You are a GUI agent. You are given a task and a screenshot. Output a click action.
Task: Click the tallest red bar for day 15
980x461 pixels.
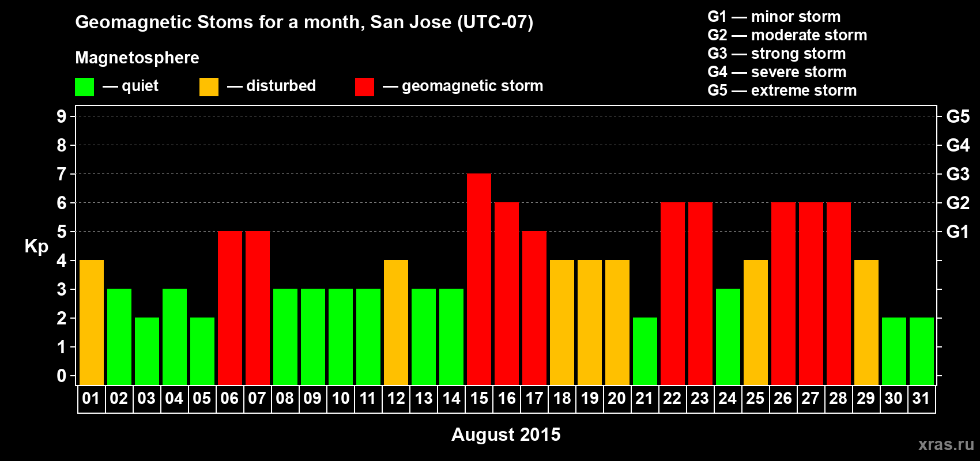(x=479, y=279)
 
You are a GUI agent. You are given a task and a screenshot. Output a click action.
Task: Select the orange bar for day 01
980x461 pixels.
(x=92, y=322)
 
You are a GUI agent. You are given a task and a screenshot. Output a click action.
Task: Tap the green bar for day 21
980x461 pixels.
(x=645, y=351)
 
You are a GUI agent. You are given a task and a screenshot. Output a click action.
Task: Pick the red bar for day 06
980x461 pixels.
(x=229, y=308)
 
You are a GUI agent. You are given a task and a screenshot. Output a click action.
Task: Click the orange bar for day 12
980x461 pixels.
(x=396, y=322)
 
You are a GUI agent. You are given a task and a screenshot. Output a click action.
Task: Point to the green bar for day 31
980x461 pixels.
(x=922, y=351)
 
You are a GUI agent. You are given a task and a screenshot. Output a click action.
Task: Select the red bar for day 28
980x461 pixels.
(x=839, y=293)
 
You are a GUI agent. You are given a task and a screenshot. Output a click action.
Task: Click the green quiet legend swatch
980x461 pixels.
(x=84, y=86)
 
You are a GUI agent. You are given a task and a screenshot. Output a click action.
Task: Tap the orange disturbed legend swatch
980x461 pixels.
(x=209, y=86)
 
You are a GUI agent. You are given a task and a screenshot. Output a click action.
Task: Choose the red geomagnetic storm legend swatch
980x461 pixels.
(x=364, y=86)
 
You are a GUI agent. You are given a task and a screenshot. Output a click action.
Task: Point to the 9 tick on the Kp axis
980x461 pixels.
(x=61, y=116)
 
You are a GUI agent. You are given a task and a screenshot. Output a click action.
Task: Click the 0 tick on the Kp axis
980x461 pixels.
(x=61, y=376)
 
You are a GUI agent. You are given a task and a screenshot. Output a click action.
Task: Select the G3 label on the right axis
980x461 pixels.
(x=958, y=174)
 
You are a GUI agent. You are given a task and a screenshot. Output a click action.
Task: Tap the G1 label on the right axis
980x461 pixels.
(x=958, y=232)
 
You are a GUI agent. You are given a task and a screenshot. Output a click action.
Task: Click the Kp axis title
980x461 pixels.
(x=36, y=247)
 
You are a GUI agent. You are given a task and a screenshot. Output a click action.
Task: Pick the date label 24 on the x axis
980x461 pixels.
(x=728, y=398)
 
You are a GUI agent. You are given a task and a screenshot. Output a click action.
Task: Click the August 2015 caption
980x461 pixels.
(x=506, y=434)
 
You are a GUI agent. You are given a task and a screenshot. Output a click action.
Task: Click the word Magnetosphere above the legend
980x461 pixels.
(x=137, y=58)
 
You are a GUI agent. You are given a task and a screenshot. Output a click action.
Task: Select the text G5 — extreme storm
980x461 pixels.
(x=782, y=90)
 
